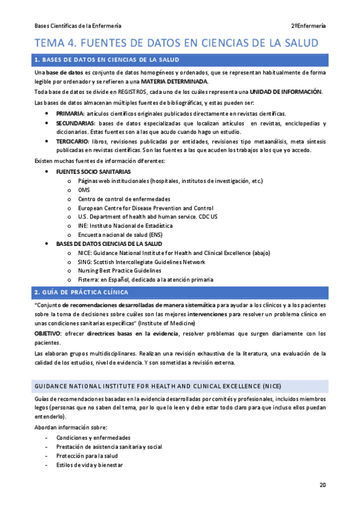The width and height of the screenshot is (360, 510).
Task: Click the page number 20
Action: click(x=323, y=485)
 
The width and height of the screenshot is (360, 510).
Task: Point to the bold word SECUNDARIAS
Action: click(x=75, y=123)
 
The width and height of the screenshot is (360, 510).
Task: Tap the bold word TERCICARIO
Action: click(x=73, y=141)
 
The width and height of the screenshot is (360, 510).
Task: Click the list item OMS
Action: click(x=84, y=189)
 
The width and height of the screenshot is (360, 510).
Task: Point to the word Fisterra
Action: click(x=90, y=280)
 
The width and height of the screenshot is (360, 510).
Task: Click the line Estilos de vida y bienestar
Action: click(x=90, y=465)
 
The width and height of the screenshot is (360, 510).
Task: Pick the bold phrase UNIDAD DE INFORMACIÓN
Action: click(x=285, y=91)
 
